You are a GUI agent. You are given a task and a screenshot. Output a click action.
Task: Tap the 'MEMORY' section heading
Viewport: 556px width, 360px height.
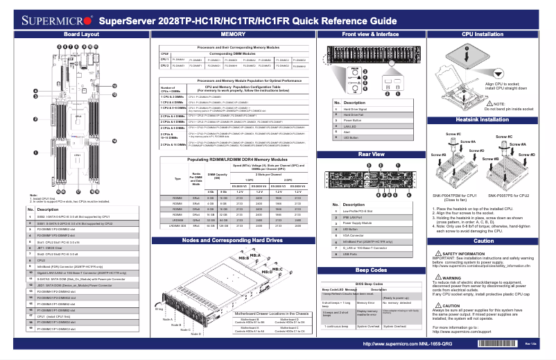[233, 33]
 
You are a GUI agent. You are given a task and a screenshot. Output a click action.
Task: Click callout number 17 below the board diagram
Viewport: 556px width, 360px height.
[78, 191]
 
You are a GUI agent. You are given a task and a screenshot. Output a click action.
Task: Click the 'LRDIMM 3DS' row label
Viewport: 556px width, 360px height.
[177, 226]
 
